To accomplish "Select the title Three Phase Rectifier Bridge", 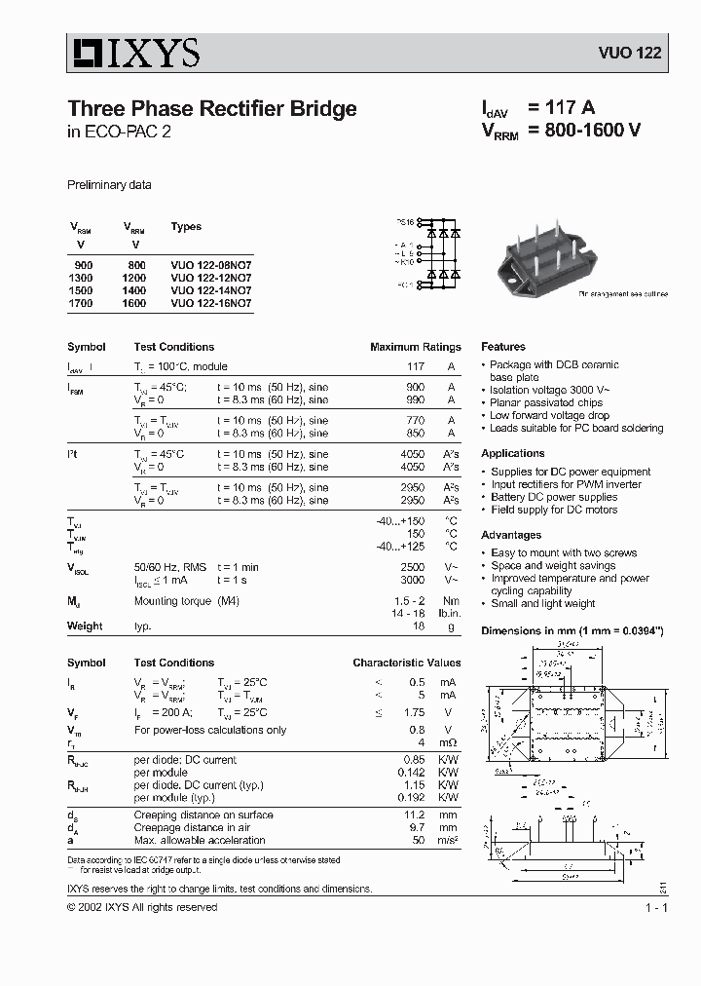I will click(x=211, y=109).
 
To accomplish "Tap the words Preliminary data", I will click(x=109, y=185).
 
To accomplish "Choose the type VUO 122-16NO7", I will click(x=210, y=303).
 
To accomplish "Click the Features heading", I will click(x=503, y=347).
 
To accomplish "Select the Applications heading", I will click(x=513, y=454).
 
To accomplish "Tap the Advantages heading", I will click(x=511, y=536).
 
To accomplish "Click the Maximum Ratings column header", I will click(x=415, y=347).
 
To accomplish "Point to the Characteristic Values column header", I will click(x=406, y=663).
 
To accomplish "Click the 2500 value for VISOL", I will click(x=413, y=566).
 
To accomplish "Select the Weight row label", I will click(x=85, y=626).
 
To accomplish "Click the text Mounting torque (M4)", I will click(x=186, y=601).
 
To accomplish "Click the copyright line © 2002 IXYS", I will click(x=142, y=907).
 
